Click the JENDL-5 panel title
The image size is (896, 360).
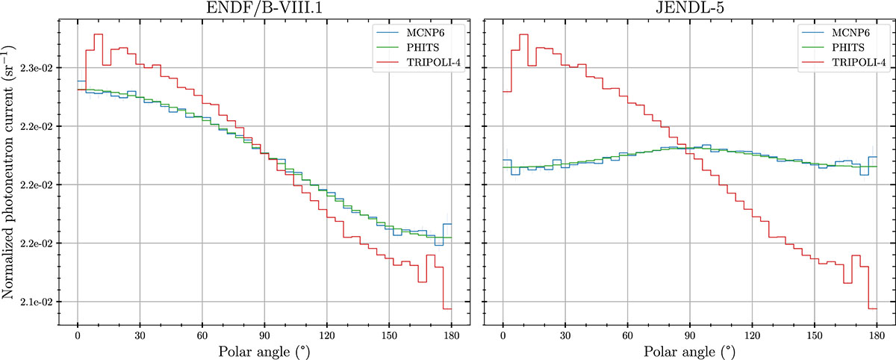[x=689, y=8]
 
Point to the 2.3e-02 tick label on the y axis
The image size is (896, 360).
[x=34, y=68]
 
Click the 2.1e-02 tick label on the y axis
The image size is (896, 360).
[x=34, y=302]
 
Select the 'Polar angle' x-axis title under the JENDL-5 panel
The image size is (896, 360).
[x=689, y=351]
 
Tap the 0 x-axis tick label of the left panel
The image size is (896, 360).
[x=78, y=335]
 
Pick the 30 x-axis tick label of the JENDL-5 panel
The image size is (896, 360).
[x=565, y=335]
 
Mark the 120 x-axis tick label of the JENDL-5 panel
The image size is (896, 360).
[x=752, y=335]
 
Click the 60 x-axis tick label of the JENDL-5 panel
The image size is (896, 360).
[x=627, y=335]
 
